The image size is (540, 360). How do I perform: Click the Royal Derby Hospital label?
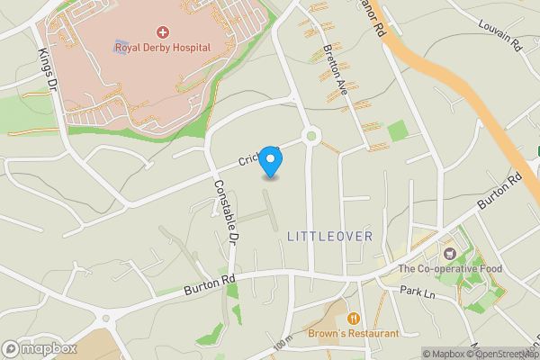161,48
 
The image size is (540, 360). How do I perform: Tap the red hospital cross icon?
162,31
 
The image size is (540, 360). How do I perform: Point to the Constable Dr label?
225,212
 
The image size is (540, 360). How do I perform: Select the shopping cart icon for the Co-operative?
448,251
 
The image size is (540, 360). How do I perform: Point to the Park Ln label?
418,292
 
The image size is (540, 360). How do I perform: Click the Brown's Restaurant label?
354,333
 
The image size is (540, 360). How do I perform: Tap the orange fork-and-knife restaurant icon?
354,317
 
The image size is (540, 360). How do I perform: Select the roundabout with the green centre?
311,137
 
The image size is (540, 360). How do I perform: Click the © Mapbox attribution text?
444,354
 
